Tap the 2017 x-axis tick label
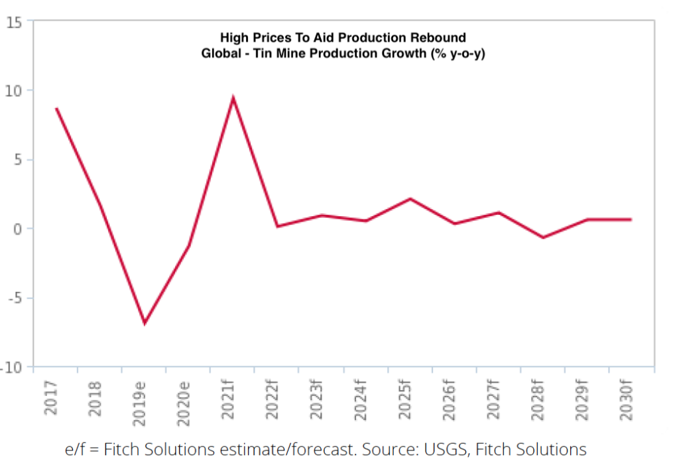pyautogui.click(x=51, y=399)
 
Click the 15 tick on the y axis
pyautogui.click(x=15, y=22)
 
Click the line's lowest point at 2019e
pyautogui.click(x=145, y=323)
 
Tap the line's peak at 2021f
pyautogui.click(x=233, y=99)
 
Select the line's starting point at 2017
pyautogui.click(x=56, y=108)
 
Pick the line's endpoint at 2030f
pyautogui.click(x=631, y=219)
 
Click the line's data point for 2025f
pyautogui.click(x=410, y=199)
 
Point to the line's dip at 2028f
pyautogui.click(x=543, y=237)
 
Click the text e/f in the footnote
pyautogui.click(x=76, y=449)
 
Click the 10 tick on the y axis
pyautogui.click(x=15, y=90)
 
